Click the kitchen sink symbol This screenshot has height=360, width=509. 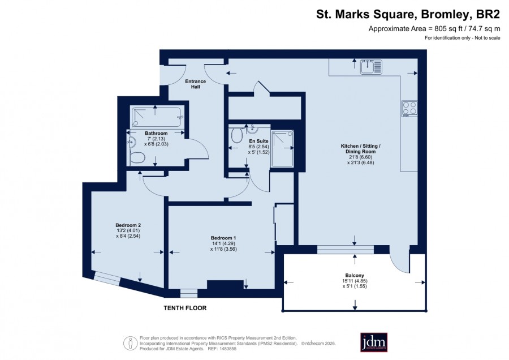click(371, 67)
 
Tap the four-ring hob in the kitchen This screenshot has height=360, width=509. click(409, 109)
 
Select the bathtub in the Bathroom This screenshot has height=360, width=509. click(157, 118)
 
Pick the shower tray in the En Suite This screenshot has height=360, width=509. click(283, 148)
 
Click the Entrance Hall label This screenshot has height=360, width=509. click(196, 84)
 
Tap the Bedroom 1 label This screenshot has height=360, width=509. click(223, 238)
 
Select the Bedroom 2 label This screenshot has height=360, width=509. click(128, 225)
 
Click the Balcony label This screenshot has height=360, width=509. click(355, 275)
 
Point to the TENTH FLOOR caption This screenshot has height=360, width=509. click(185, 308)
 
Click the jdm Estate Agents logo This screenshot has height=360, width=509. click(374, 342)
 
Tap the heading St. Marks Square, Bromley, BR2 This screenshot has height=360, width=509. click(408, 15)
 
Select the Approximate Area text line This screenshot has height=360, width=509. click(434, 29)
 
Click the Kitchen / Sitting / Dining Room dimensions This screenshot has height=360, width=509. click(361, 160)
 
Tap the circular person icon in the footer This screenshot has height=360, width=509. click(131, 343)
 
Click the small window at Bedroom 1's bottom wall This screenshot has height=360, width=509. click(189, 293)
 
